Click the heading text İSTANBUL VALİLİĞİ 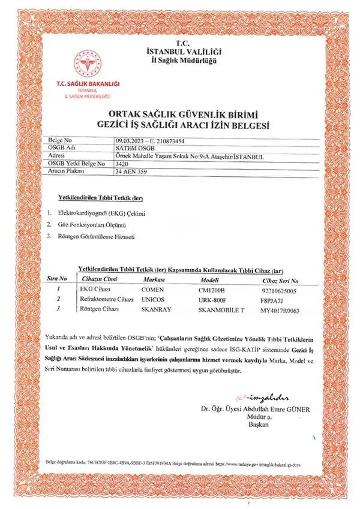click(180, 52)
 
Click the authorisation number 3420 click(122, 163)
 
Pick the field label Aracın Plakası click(67, 171)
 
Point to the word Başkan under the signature click(259, 424)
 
